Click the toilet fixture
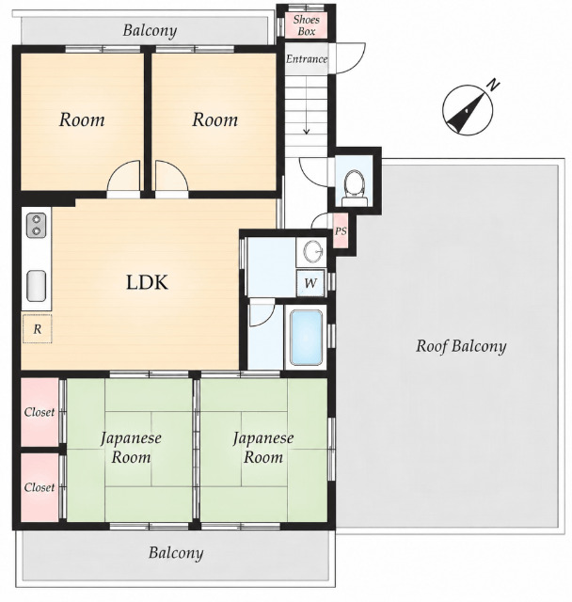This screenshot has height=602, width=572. (354, 188)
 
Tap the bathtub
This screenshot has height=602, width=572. (306, 338)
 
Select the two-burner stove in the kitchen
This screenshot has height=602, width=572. (36, 226)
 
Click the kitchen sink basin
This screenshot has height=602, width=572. (36, 286)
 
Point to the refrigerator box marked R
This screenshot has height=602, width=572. (37, 328)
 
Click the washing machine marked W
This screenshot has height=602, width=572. (310, 283)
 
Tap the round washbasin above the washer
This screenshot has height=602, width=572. (313, 252)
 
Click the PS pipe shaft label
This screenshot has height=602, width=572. (341, 231)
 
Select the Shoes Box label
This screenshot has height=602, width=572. (306, 25)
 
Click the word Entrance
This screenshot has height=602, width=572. (307, 58)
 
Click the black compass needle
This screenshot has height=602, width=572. (466, 113)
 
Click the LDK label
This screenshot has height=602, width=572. (147, 282)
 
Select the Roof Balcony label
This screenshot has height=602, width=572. (461, 346)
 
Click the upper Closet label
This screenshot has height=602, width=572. (40, 412)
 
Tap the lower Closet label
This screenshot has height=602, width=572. (40, 487)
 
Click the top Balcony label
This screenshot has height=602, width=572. (150, 30)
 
